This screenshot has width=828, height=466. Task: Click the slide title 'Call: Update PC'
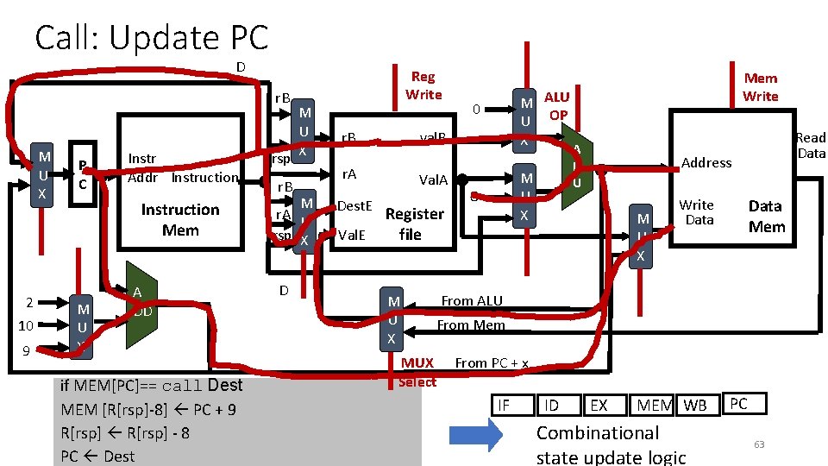[152, 37]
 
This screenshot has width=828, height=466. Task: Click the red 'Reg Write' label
[423, 85]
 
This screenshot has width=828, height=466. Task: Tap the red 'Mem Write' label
[760, 87]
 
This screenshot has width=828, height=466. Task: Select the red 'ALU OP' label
[557, 106]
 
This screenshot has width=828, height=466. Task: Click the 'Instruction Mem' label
[179, 220]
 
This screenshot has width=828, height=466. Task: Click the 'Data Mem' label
[766, 217]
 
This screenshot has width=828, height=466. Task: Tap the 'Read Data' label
[810, 145]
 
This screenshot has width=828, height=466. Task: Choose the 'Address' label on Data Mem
[706, 162]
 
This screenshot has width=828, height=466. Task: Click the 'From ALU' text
[471, 300]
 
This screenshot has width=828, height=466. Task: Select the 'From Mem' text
[470, 325]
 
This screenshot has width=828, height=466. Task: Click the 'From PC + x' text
[492, 363]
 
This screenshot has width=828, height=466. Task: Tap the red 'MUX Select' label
[418, 372]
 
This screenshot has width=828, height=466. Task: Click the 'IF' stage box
[504, 405]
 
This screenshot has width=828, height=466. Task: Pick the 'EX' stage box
[598, 405]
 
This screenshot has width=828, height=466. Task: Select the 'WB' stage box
[695, 405]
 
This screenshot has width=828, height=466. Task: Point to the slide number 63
[759, 444]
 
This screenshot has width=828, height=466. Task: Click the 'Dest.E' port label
[354, 206]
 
